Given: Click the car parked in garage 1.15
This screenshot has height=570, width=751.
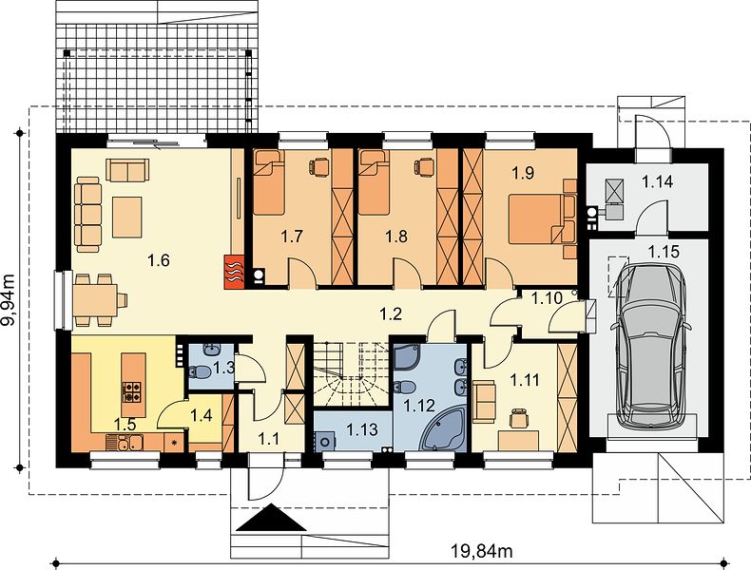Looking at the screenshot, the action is [650, 346].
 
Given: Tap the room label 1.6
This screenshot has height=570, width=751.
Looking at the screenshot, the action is [159, 261].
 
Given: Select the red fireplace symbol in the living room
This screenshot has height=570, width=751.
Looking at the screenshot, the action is [234, 273].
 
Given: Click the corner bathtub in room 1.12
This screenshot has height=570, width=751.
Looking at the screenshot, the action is [443, 428].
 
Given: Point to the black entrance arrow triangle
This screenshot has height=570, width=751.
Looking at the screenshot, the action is [271, 518].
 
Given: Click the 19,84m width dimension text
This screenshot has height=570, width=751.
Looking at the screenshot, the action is [481, 551].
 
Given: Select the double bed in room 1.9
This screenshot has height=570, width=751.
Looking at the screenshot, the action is [542, 218].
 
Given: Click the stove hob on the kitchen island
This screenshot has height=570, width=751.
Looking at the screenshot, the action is [133, 391].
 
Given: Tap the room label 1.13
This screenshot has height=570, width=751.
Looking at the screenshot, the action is [362, 429].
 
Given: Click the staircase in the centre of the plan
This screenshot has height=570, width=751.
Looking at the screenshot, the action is [351, 374].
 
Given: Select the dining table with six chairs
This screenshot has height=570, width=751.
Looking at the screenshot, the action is [99, 300].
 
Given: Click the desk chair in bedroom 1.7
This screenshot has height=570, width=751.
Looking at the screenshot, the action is [319, 166].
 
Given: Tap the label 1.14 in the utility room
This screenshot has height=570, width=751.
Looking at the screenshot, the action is [658, 181].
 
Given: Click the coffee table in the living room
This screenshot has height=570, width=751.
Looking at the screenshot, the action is [127, 217].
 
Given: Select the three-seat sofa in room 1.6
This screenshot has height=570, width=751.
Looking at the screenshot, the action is [88, 214].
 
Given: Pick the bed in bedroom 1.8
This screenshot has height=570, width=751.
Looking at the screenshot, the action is [374, 182].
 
